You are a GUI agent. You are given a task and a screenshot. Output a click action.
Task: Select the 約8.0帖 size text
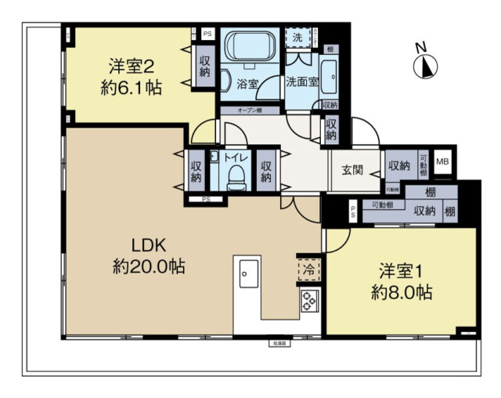(x=402, y=293)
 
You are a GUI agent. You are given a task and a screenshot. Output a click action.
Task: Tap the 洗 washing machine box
(x=297, y=38)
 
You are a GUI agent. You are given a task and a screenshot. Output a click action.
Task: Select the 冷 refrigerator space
(x=308, y=269)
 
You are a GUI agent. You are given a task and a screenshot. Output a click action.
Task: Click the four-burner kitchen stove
(x=308, y=301)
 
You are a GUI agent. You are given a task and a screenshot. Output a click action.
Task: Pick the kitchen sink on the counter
(x=245, y=273)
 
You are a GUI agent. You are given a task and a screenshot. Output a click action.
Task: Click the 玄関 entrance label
(x=351, y=170)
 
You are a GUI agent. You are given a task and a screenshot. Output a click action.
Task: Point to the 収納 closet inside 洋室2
(x=205, y=67)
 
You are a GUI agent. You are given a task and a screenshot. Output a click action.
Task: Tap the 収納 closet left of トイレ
(x=196, y=172)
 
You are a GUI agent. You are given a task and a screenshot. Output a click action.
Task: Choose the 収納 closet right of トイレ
(x=266, y=172)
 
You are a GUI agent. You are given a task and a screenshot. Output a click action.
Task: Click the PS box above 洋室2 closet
(x=207, y=34)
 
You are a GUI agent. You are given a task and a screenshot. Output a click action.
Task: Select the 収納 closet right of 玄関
(x=398, y=165)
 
